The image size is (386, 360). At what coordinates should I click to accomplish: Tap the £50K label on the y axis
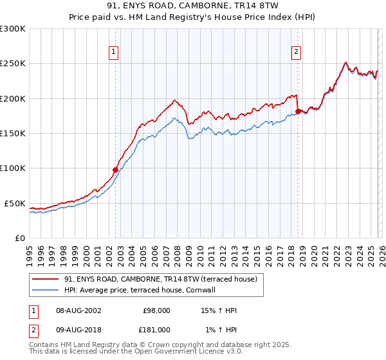pos(15,203)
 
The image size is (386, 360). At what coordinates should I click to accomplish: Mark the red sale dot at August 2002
pos(116,170)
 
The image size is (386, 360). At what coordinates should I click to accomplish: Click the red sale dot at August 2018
pos(298,112)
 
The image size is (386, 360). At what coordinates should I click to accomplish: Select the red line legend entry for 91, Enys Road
pos(160,279)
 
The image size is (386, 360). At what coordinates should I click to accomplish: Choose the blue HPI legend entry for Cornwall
pos(139,290)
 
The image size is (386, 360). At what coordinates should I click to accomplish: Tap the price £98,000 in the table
pos(156,310)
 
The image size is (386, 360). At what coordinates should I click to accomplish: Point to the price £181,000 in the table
pos(156,329)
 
